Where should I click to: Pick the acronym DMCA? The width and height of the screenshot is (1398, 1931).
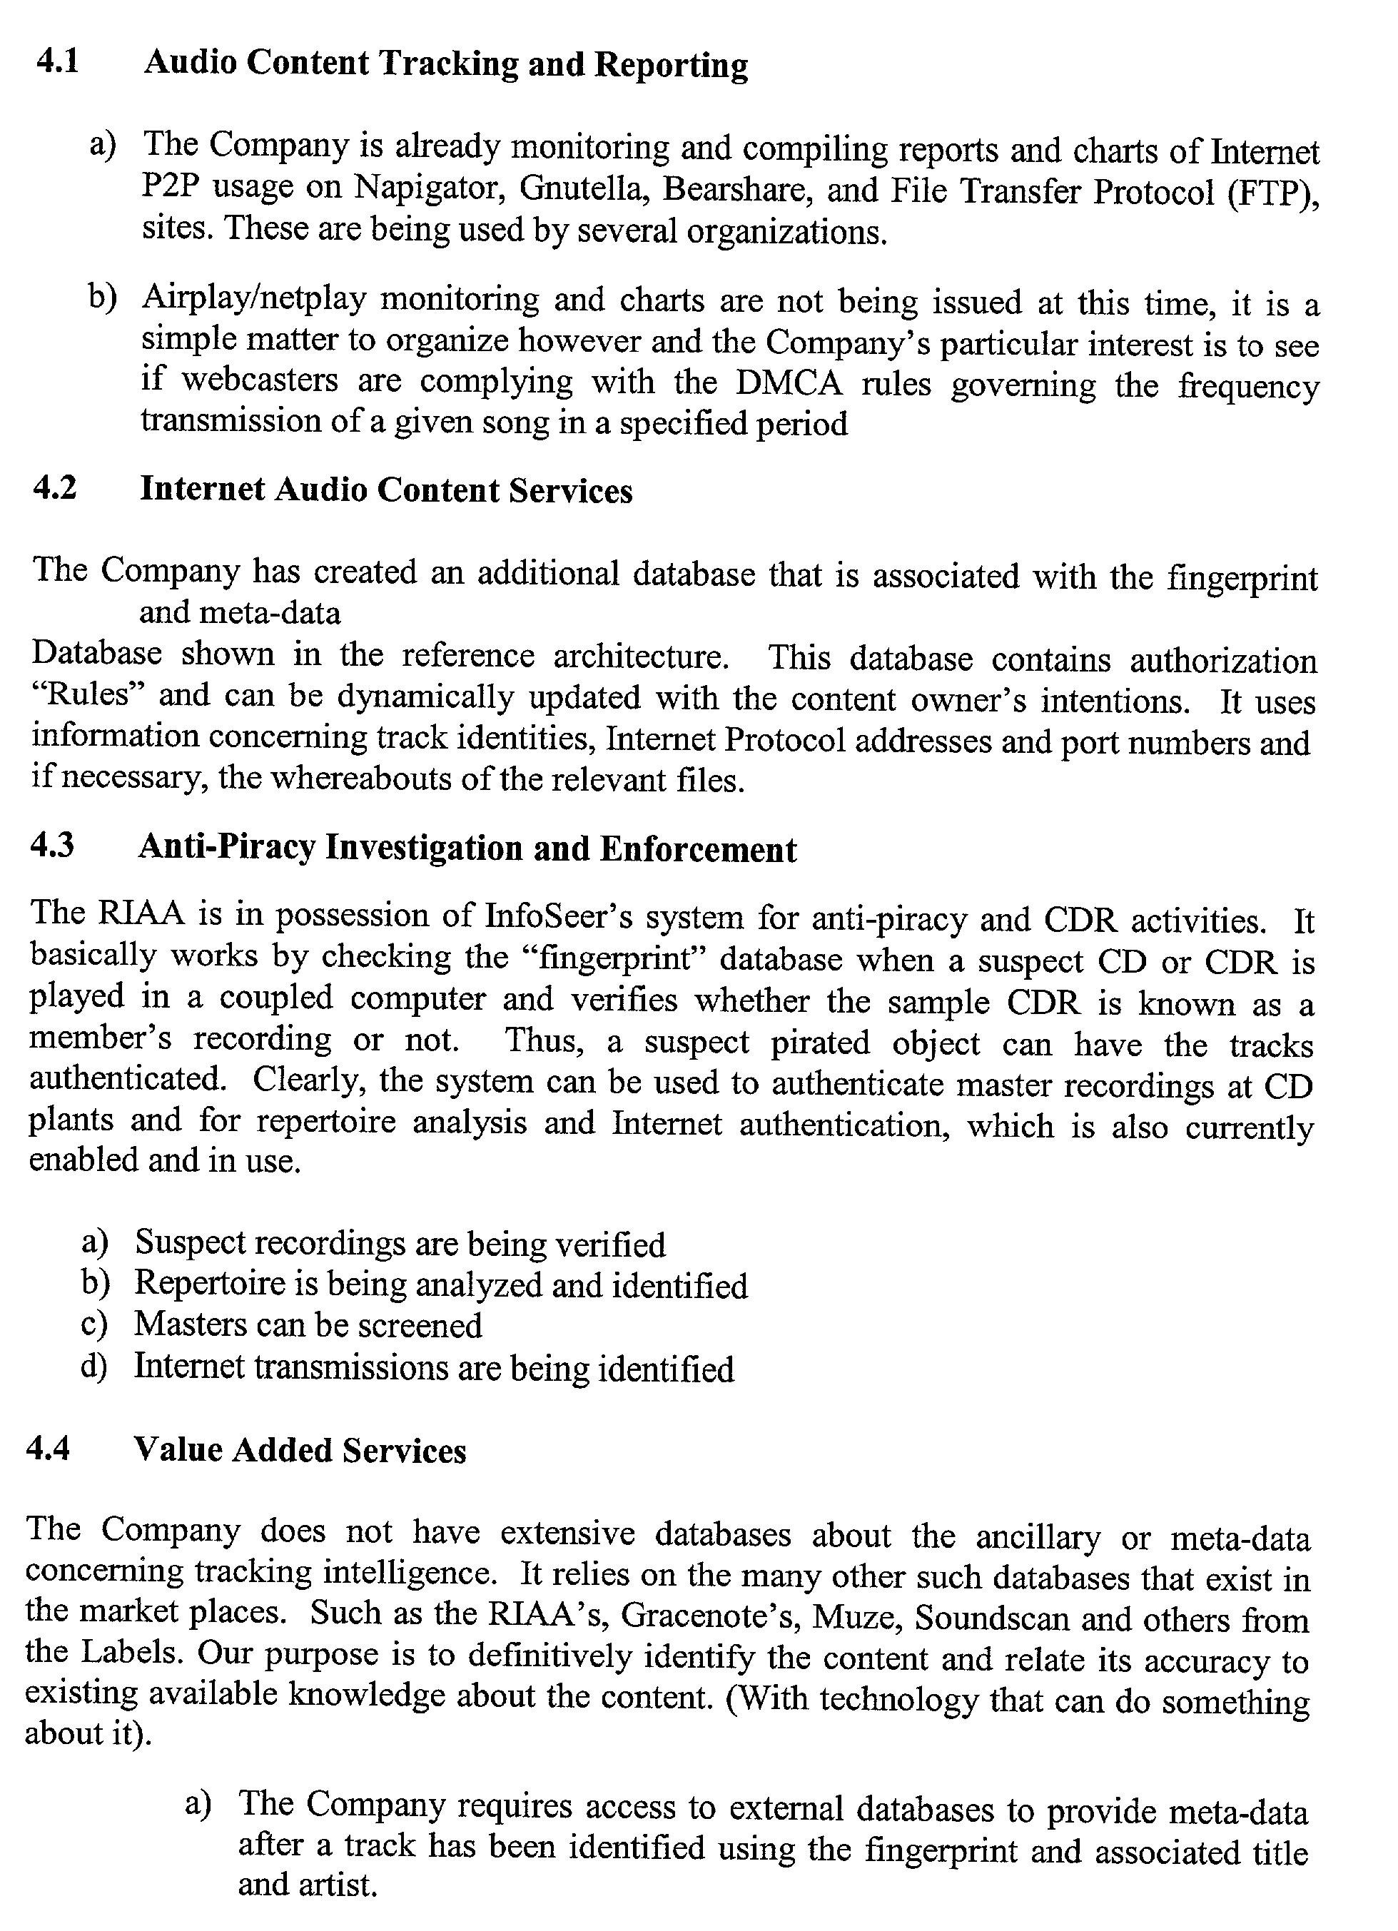coord(789,383)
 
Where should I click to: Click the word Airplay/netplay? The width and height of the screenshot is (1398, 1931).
coord(255,298)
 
